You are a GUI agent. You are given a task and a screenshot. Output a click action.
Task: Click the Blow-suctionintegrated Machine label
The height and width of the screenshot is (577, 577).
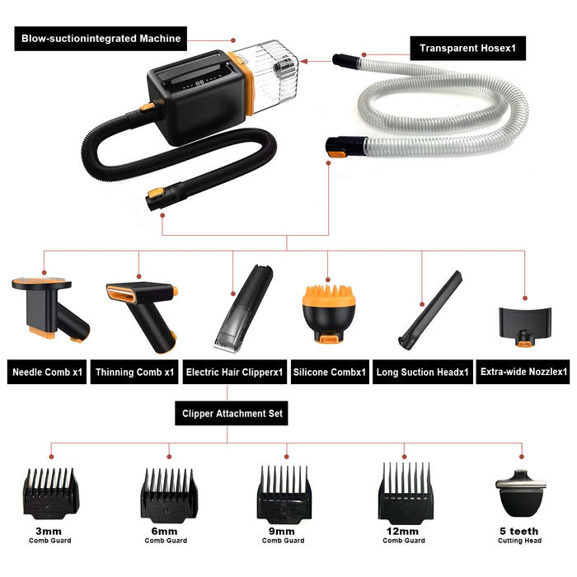click(x=101, y=38)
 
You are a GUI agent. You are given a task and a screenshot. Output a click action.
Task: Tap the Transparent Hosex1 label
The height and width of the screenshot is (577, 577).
click(x=467, y=47)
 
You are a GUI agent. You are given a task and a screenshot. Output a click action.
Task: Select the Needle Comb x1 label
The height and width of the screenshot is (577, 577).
click(x=47, y=373)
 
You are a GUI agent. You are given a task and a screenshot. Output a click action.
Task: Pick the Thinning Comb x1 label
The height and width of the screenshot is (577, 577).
click(x=135, y=373)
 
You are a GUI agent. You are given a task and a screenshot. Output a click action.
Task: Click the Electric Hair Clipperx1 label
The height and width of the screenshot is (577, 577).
click(x=234, y=373)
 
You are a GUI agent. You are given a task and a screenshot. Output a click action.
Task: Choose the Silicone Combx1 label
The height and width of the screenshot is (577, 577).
click(x=329, y=373)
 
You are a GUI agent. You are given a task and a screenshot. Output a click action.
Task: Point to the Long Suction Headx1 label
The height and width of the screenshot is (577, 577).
click(x=423, y=373)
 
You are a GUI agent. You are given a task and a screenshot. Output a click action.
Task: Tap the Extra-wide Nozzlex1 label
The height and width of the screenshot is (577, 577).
click(x=524, y=373)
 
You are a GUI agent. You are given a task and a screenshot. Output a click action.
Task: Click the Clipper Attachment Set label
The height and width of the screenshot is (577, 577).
click(x=231, y=413)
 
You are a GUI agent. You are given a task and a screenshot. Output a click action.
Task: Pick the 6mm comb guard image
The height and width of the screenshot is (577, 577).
click(x=170, y=495)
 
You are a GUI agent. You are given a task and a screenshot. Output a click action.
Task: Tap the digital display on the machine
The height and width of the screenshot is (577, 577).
click(x=195, y=83)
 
